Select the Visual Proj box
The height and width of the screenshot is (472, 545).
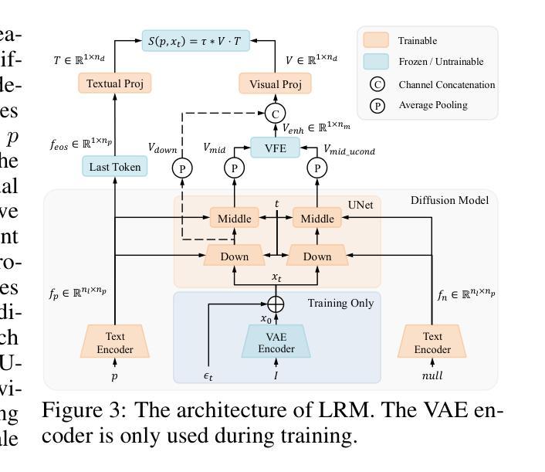(275, 83)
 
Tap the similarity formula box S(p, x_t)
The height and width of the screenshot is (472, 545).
(195, 41)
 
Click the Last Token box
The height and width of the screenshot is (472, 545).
(114, 166)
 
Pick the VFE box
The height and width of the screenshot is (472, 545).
(275, 147)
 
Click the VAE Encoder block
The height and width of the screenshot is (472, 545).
(276, 342)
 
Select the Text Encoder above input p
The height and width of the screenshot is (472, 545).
(114, 342)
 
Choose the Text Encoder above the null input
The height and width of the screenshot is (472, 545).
(432, 342)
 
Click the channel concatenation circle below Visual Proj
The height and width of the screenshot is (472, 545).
(275, 114)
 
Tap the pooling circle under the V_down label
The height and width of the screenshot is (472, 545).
(183, 168)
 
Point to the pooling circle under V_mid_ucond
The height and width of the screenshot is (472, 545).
(317, 168)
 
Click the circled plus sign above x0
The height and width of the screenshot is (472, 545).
(275, 304)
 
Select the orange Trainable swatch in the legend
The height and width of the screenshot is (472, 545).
(377, 40)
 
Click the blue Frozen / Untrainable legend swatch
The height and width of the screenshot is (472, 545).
(377, 62)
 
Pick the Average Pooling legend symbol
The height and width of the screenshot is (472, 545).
(377, 106)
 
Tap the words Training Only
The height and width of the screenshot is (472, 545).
(340, 303)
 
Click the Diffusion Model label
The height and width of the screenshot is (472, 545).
(449, 201)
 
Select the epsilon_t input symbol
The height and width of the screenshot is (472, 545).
(208, 376)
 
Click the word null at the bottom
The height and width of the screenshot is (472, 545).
(432, 376)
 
